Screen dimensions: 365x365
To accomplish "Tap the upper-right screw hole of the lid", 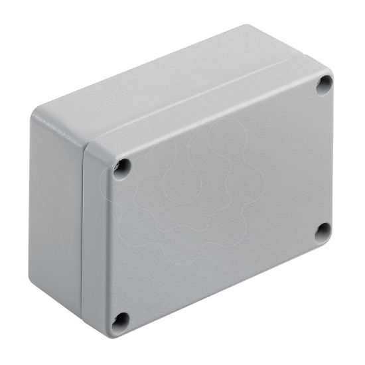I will point(324,83).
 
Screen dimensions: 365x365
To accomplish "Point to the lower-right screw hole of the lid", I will point(321,232).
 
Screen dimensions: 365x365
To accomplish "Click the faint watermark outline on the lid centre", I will point(199,192).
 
